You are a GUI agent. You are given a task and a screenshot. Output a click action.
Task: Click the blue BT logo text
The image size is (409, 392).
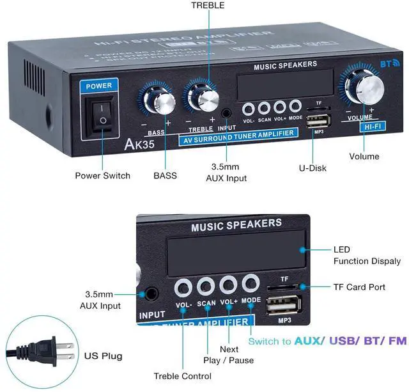pyautogui.click(x=388, y=64)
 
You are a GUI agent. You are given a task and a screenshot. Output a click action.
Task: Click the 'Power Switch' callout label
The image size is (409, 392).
pyautogui.click(x=102, y=175)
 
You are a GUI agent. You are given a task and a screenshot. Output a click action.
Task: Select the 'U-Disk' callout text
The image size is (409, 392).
pyautogui.click(x=314, y=168)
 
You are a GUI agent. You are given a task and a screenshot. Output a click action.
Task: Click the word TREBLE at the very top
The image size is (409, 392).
pyautogui.click(x=208, y=6)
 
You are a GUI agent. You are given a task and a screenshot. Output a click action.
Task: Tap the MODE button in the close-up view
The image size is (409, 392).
pyautogui.click(x=251, y=283)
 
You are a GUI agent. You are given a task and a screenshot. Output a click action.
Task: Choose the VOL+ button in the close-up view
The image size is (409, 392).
pyautogui.click(x=228, y=284)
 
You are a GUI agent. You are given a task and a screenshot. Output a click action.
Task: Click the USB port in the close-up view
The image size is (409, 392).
pyautogui.click(x=281, y=305)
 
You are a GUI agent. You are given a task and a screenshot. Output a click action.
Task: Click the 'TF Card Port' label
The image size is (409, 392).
pyautogui.click(x=359, y=287)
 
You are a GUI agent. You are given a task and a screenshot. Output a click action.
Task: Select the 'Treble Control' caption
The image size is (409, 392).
pyautogui.click(x=183, y=376)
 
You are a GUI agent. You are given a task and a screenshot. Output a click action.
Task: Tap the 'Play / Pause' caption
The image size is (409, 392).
pyautogui.click(x=228, y=360)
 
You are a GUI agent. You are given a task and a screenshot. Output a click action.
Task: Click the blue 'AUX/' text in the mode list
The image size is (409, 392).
pyautogui.click(x=309, y=341)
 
